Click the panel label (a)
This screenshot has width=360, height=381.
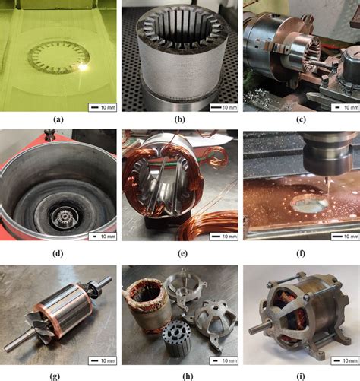pos(58,119)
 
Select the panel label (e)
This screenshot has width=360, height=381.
pos(182,253)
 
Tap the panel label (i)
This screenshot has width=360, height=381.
pos(301,376)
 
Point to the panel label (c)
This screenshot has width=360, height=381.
pos(301,119)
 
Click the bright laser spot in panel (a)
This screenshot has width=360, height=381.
pos(83,68)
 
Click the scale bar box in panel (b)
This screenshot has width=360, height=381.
pos(224,107)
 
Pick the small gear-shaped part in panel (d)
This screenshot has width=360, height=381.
pos(62,216)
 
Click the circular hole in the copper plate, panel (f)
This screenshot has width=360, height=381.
pos(309,205)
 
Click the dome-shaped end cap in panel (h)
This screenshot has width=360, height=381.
pos(216,317)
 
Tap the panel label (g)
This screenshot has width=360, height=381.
pos(55,376)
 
